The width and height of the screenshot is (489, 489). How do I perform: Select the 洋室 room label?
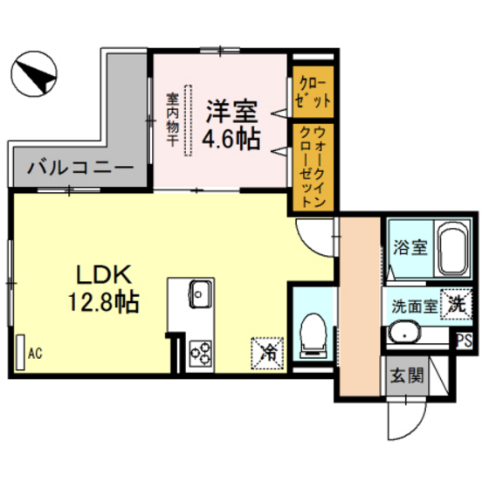231,113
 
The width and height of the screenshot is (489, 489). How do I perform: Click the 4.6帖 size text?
231,140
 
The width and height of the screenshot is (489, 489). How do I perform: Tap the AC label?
35,354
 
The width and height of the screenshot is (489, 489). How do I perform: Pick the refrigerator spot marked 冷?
268,353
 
